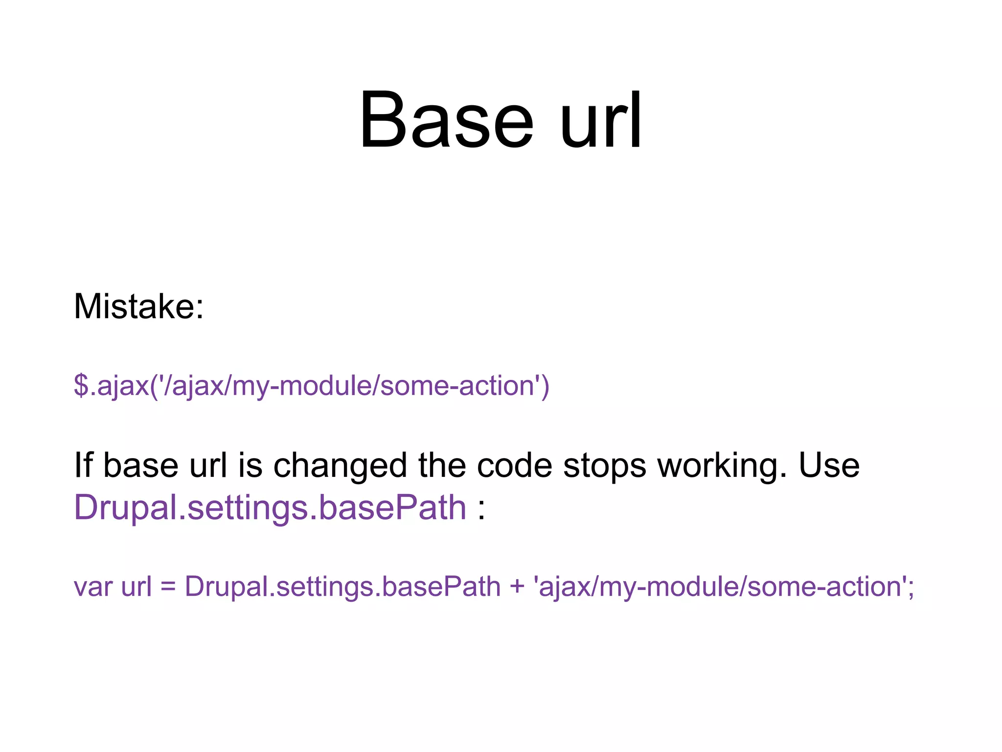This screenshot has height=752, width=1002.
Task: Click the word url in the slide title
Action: point(601,120)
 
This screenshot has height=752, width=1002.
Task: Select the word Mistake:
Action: point(138,307)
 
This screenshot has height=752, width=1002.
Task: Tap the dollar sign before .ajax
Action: point(81,385)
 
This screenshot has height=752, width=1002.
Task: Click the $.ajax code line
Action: point(311,386)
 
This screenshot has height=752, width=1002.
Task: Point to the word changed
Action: point(340,466)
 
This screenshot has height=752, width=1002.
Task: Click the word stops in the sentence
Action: point(604,466)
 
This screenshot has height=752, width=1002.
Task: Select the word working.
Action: point(722,466)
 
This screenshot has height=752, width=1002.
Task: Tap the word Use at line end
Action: point(829,465)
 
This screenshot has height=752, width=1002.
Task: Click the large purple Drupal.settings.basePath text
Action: point(270,508)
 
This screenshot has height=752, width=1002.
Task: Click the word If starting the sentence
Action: point(83,465)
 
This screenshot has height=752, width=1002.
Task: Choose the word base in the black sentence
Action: point(141,465)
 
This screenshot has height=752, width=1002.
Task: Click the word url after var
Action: point(137,587)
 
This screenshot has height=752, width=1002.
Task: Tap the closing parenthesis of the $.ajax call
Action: point(545,386)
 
